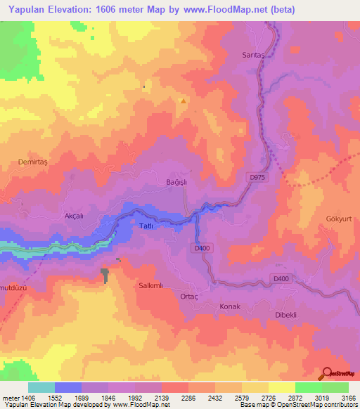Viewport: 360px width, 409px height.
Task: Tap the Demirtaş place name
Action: [x=32, y=162]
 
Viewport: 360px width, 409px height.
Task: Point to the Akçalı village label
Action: [x=74, y=216]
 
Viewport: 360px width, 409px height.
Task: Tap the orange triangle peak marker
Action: [x=184, y=100]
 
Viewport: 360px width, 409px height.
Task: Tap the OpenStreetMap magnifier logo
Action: [x=328, y=373]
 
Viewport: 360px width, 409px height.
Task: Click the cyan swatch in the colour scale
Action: [x=41, y=387]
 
